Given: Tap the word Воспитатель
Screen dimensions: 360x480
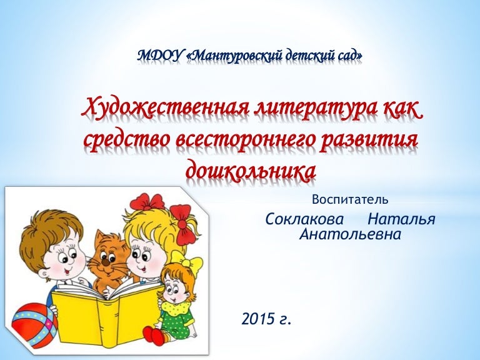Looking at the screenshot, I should tap(350, 200).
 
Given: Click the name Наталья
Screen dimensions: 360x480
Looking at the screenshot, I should tap(401, 220).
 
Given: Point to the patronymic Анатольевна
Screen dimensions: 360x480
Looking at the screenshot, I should tap(350, 235).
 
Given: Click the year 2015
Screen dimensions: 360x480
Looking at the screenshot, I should tap(258, 320).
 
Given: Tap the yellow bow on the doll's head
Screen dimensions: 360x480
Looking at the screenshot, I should tap(187, 260).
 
